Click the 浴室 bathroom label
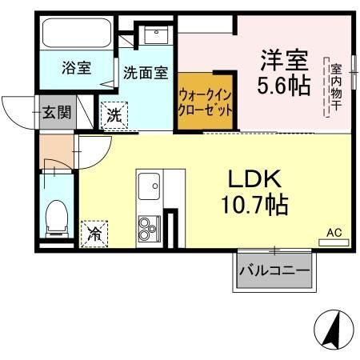pos(76,68)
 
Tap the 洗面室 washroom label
pos(145,72)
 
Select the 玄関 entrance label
pos(56,112)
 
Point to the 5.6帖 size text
pos(282,86)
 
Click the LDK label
pos(254,178)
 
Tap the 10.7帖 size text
pos(255,205)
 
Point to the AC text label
pos(334,233)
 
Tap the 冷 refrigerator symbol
pos(94,234)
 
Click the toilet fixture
pos(56,218)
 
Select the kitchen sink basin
pos(149,189)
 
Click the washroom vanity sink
pos(154,34)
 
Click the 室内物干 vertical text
pos(337,87)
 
